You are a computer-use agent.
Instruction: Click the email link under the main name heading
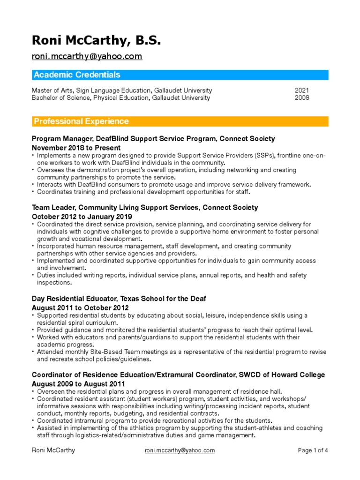[87, 57]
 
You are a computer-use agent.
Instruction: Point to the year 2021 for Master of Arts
[302, 90]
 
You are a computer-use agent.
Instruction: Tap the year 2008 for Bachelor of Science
[302, 98]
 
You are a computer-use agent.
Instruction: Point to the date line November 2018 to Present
[76, 148]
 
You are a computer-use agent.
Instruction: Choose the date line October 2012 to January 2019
[82, 217]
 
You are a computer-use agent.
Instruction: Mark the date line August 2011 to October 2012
[80, 307]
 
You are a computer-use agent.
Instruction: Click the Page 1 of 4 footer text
[313, 450]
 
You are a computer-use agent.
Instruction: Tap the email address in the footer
[180, 450]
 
